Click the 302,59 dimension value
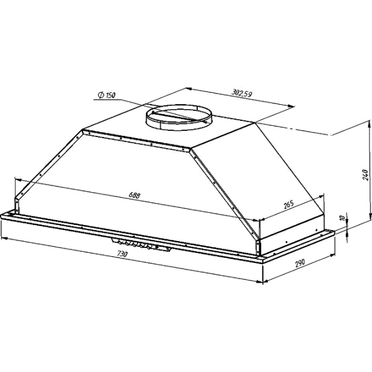tap(242, 93)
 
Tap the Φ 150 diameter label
tap(107, 95)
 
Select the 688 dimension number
tap(135, 195)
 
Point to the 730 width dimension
tap(122, 254)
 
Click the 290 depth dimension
tap(300, 263)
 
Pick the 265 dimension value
tap(289, 204)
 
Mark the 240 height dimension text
tap(366, 175)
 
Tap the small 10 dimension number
tap(342, 218)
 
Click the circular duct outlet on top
tap(179, 118)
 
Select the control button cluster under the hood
tap(141, 244)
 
